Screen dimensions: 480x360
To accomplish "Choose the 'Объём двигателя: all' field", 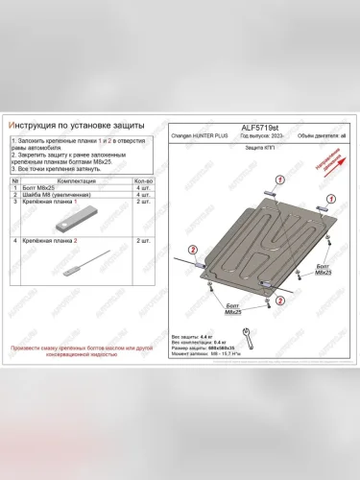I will (318, 136).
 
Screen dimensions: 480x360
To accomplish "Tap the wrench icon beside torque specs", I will (247, 336).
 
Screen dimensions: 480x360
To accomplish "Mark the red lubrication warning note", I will (76, 350).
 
